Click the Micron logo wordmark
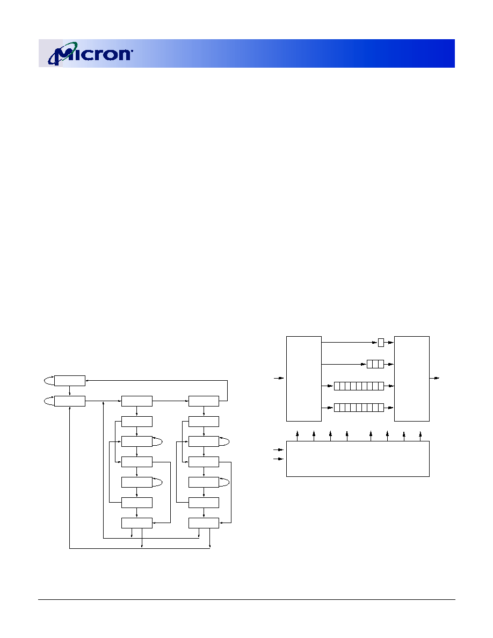pyautogui.click(x=90, y=53)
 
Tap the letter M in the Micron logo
pyautogui.click(x=64, y=54)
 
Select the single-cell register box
pyautogui.click(x=381, y=343)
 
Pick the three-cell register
pyautogui.click(x=375, y=364)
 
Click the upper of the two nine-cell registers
pyautogui.click(x=359, y=386)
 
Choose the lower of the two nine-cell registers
pyautogui.click(x=359, y=407)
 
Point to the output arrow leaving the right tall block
pyautogui.click(x=434, y=379)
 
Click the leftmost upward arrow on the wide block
pyautogui.click(x=298, y=436)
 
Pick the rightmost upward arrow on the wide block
pyautogui.click(x=420, y=436)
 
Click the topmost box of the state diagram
pyautogui.click(x=70, y=381)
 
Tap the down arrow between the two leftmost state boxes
pyautogui.click(x=70, y=391)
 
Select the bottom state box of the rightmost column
pyautogui.click(x=204, y=523)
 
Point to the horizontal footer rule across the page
pyautogui.click(x=247, y=599)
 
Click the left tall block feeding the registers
pyautogui.click(x=304, y=379)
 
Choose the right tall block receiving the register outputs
pyautogui.click(x=412, y=379)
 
